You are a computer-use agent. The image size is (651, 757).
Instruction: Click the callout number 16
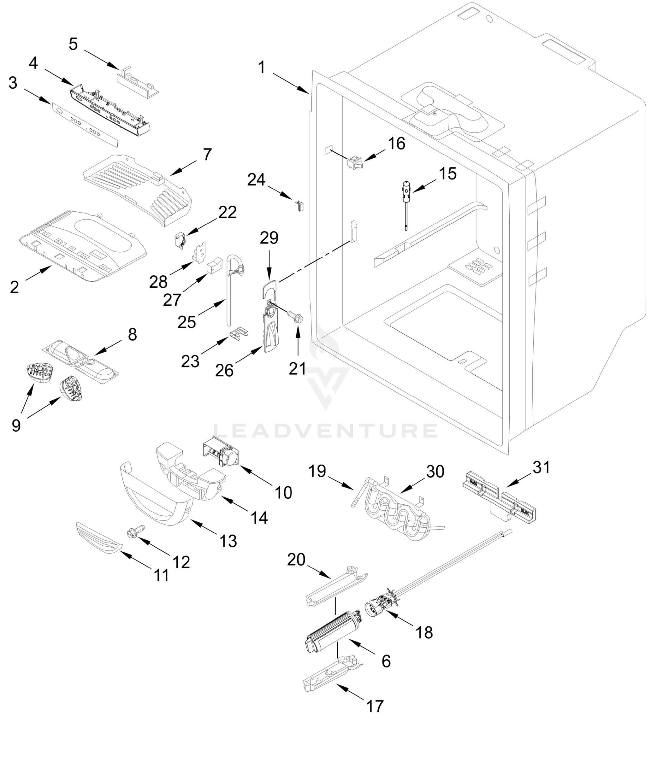396,144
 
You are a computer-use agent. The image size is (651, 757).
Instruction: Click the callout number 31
541,467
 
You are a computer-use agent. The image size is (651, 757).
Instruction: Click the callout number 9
16,425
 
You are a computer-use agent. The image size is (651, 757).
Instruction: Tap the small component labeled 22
180,240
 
